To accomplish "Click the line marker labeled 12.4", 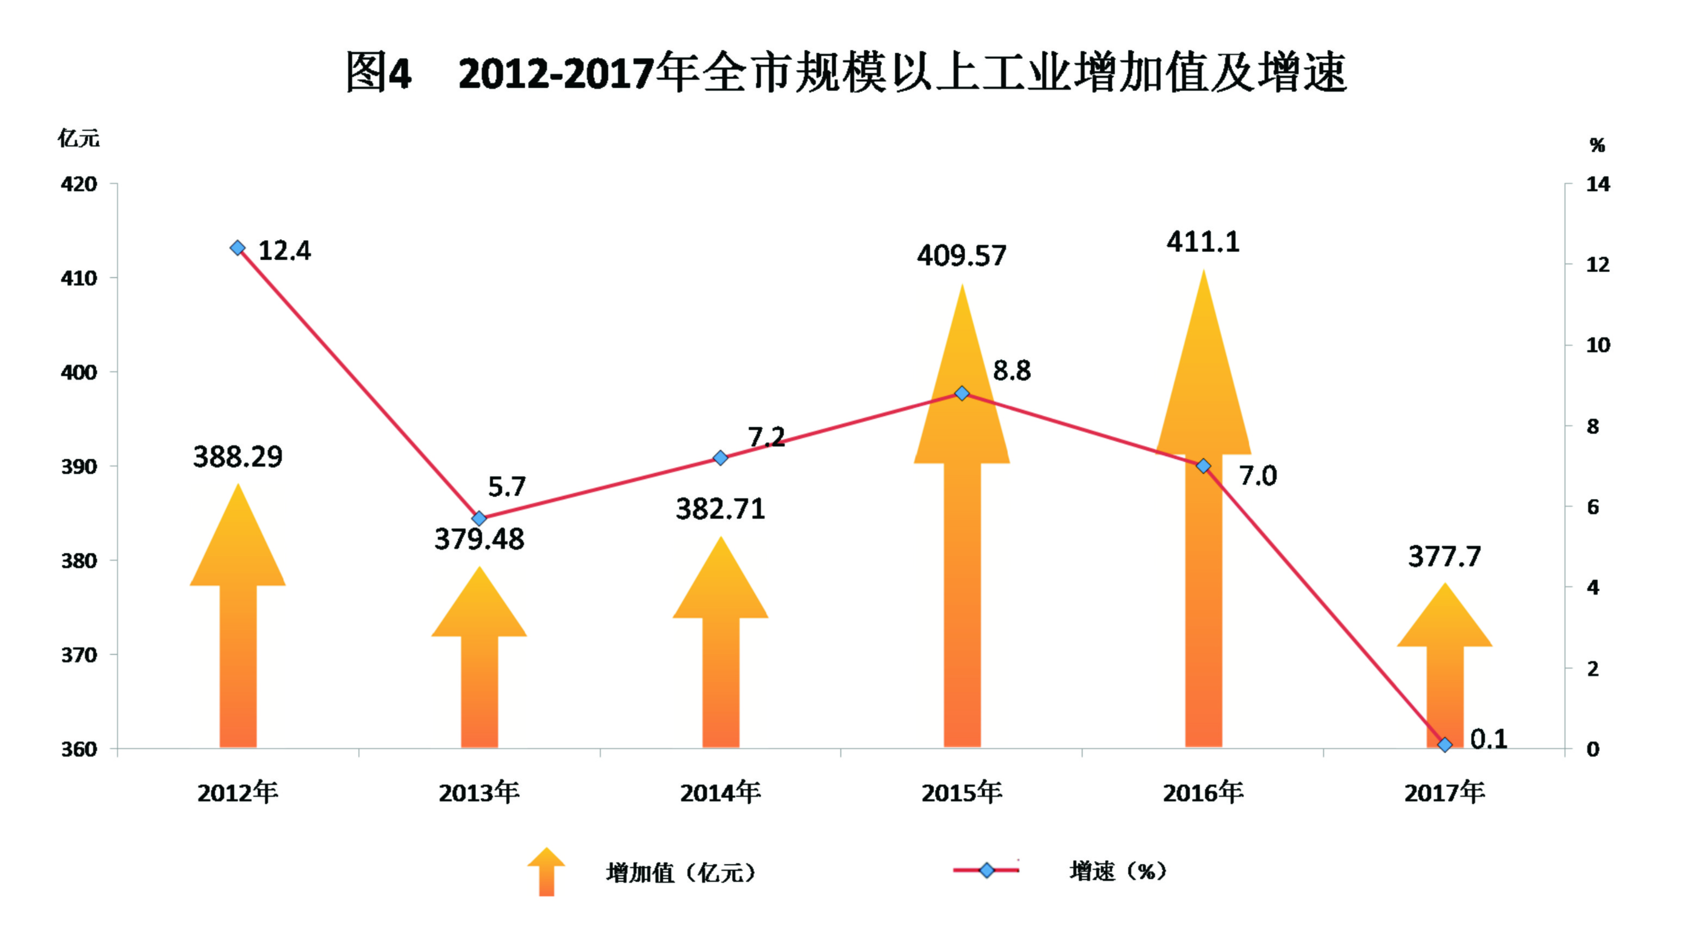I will [238, 248].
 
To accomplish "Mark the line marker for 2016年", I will [1203, 466].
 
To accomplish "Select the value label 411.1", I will [1203, 242].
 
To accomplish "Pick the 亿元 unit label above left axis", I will [79, 138].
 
